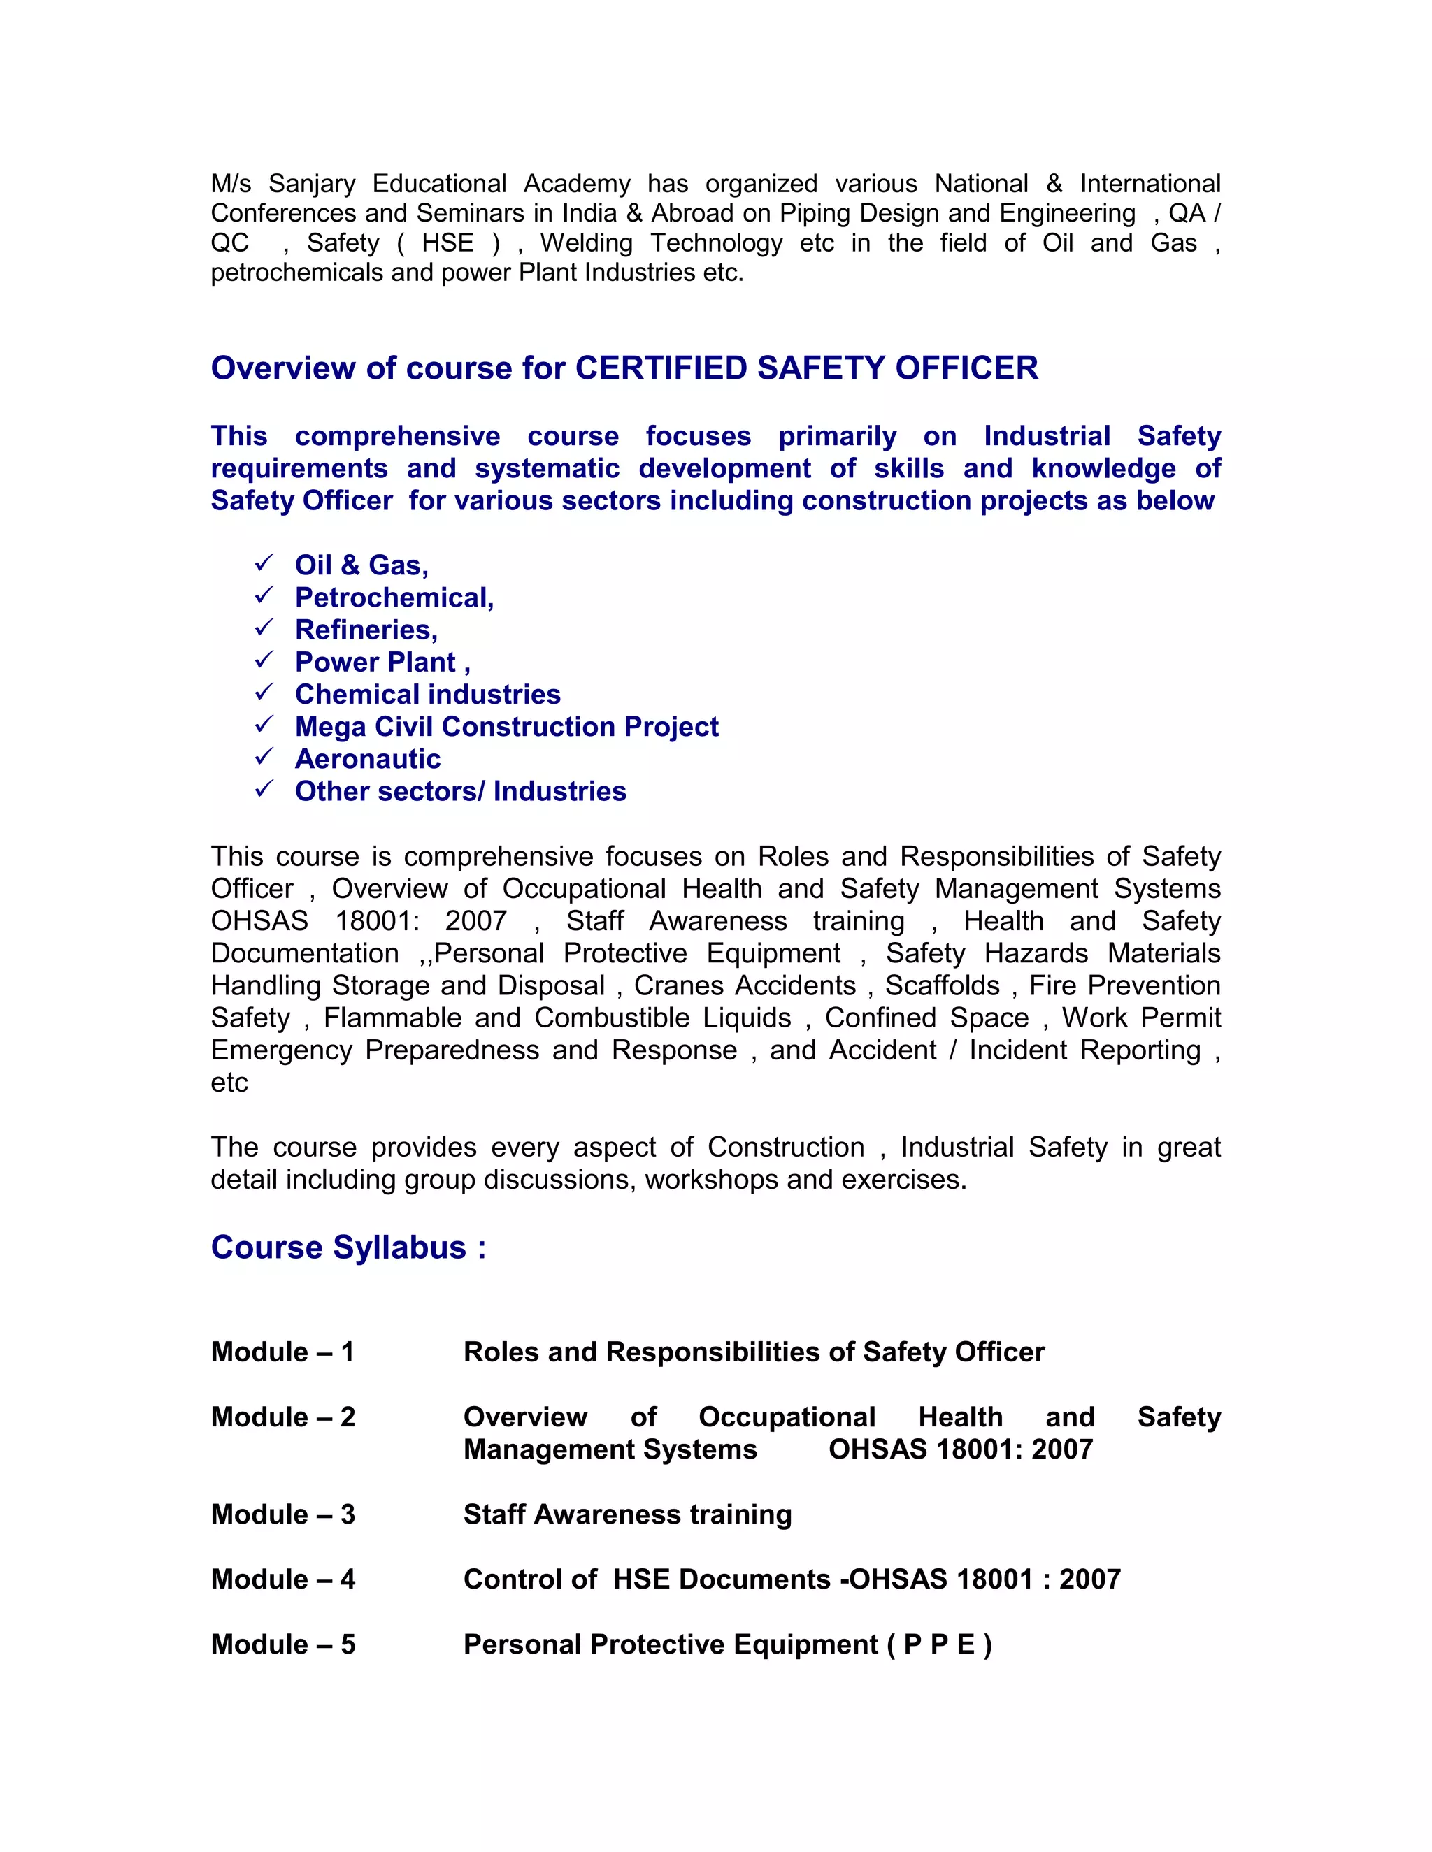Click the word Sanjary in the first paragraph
pos(311,184)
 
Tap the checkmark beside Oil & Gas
pos(264,563)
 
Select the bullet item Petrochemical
pos(394,598)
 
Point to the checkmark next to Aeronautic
pos(264,756)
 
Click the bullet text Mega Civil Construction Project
pos(506,727)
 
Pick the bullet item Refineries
pos(366,630)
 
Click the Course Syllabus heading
pos(348,1247)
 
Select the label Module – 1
pos(282,1352)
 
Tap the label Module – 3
pos(282,1514)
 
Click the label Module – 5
pos(282,1644)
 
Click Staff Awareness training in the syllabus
pos(627,1514)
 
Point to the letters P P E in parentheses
pos(939,1644)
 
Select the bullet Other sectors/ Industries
pos(460,791)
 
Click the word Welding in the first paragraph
pos(586,243)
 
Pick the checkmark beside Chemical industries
pos(264,692)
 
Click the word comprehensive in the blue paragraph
pos(397,436)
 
